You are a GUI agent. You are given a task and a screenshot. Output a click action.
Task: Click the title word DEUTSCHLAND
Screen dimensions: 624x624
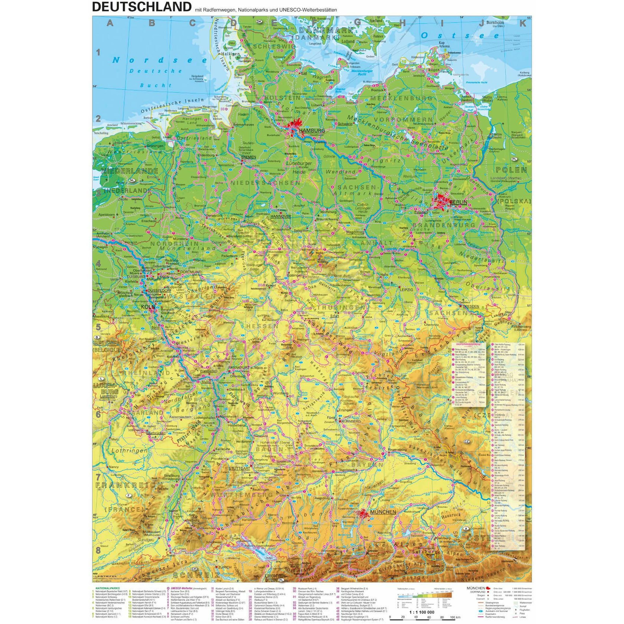pos(141,6)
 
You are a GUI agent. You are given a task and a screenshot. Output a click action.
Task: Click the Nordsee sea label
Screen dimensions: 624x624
pos(160,60)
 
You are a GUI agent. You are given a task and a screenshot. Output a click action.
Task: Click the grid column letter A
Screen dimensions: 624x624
pos(110,23)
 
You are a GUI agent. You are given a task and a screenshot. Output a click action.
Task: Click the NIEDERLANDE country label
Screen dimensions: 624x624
pos(130,171)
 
